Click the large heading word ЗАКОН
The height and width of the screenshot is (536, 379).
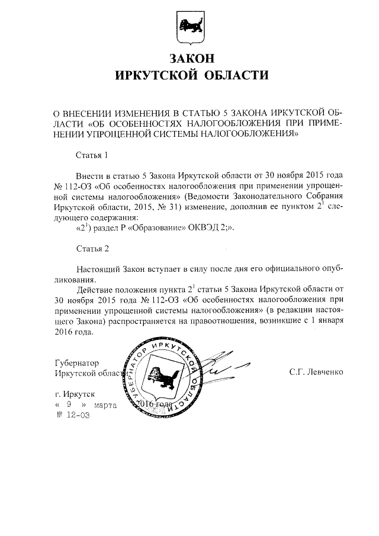pos(189,58)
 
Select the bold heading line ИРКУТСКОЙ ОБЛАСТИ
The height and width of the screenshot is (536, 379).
pos(189,76)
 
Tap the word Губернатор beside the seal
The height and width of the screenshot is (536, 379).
pos(76,362)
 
